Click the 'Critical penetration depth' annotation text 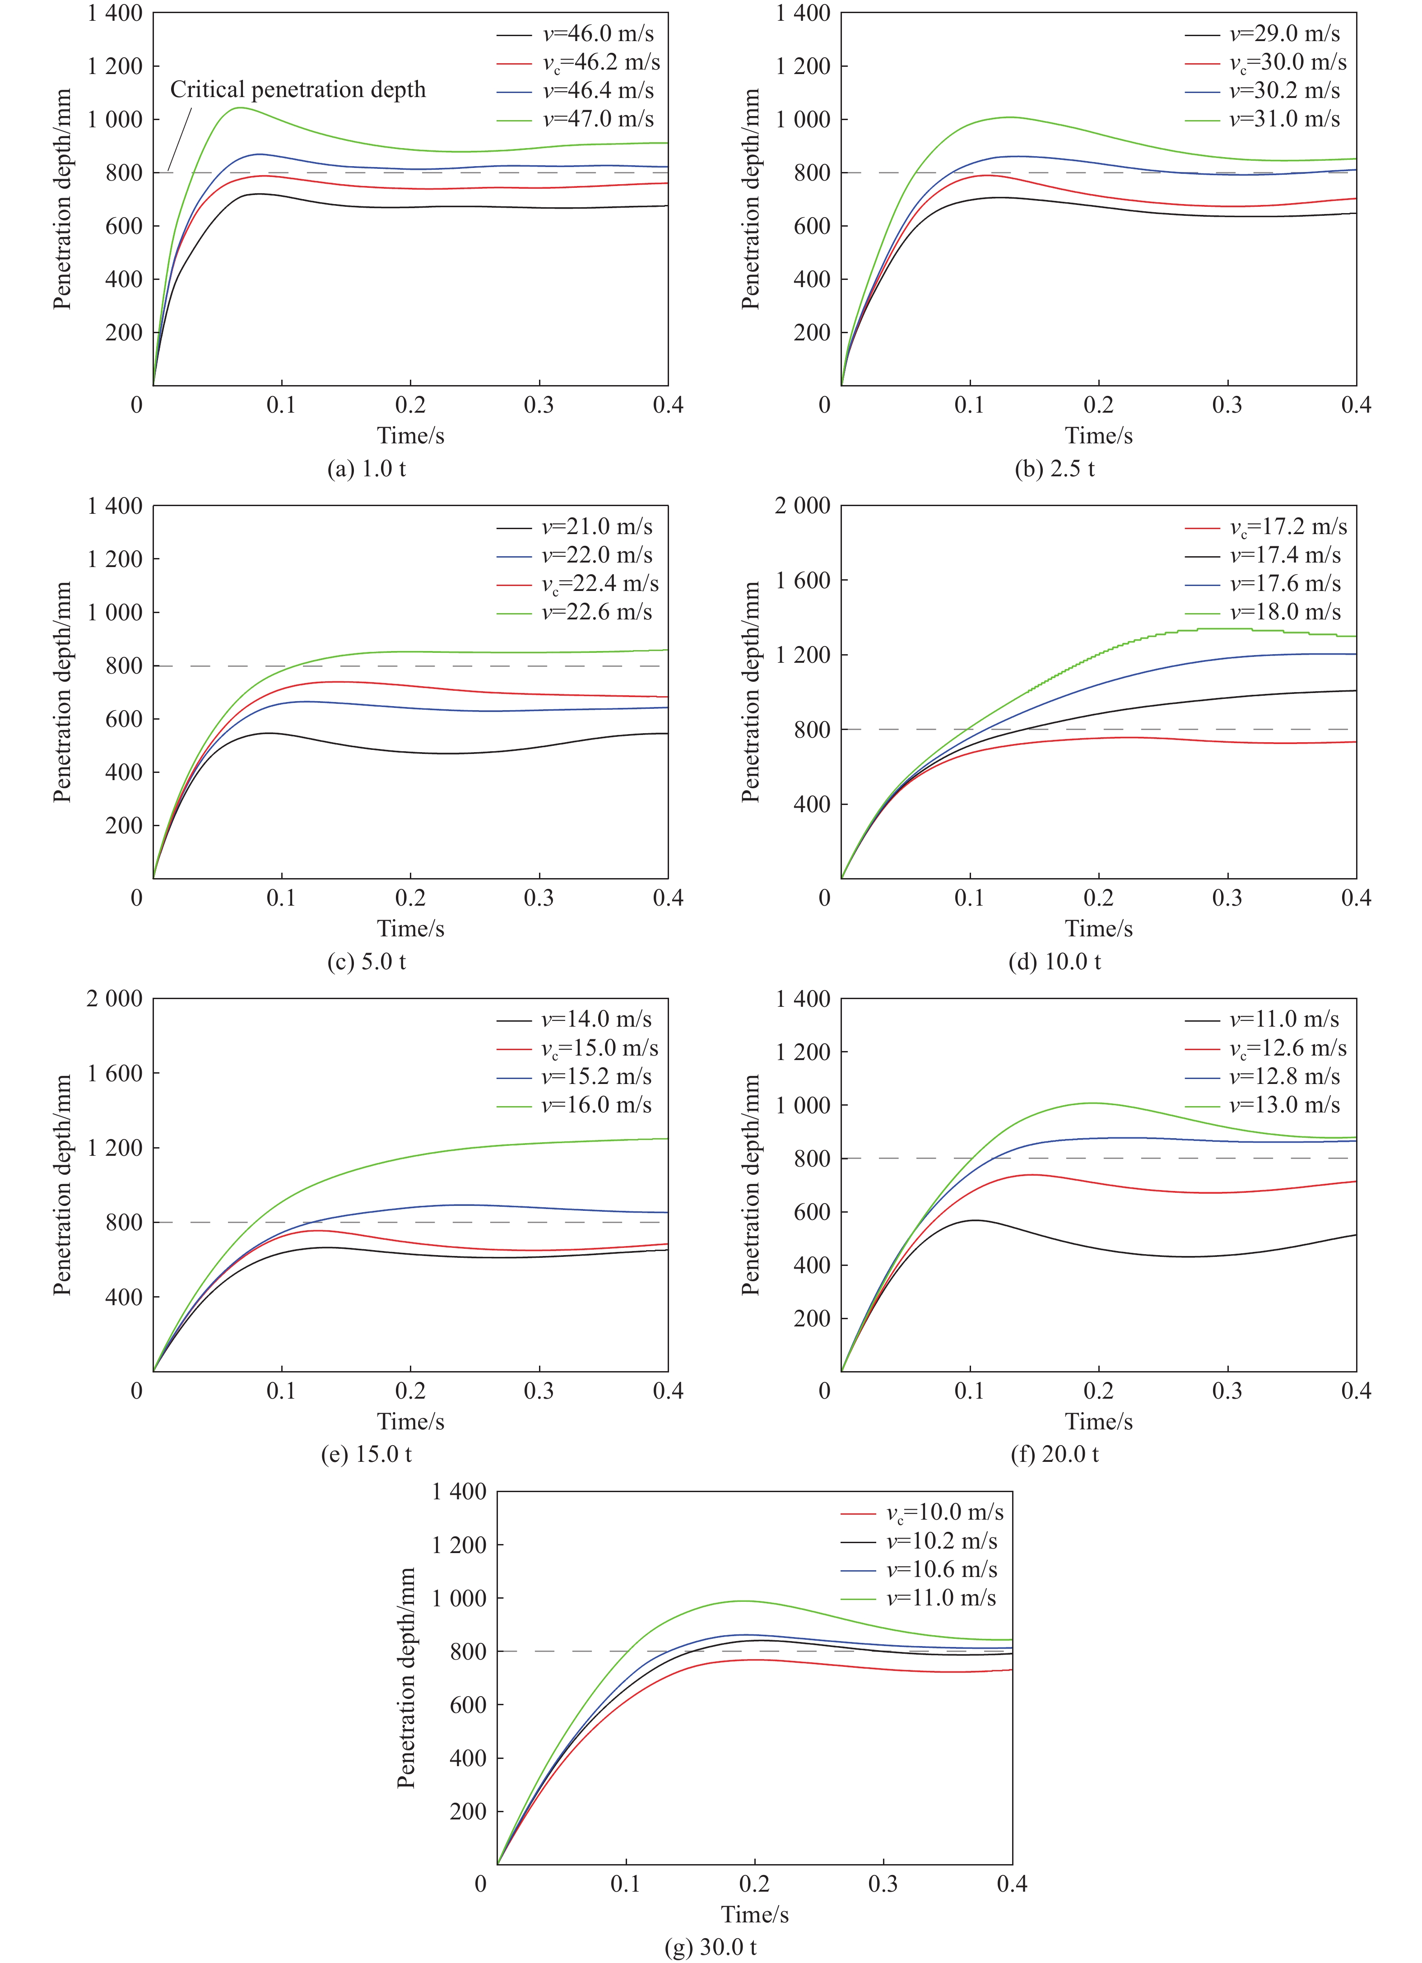click(298, 90)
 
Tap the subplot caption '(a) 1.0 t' click(367, 469)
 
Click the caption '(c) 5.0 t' click(367, 962)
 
